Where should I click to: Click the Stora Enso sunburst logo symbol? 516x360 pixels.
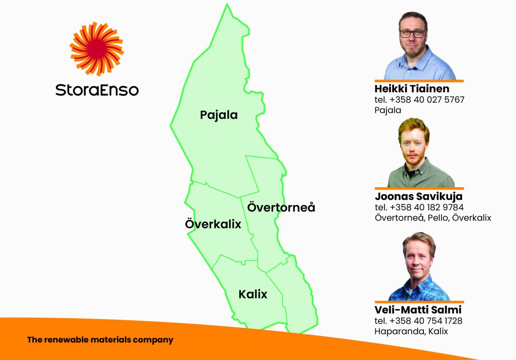[96, 49]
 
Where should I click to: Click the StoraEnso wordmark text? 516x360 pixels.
[97, 90]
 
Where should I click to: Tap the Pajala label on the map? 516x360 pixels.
[219, 115]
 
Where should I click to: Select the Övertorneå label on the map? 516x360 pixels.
[281, 207]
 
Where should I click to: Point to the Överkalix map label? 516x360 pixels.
[213, 224]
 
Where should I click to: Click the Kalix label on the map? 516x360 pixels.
[253, 294]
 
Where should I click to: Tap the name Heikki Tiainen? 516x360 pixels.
[412, 89]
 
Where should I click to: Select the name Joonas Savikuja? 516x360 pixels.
[419, 196]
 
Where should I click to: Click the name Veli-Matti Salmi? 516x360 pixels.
[418, 310]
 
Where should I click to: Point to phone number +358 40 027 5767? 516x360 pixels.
[427, 100]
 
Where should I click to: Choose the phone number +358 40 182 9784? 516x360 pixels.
[426, 207]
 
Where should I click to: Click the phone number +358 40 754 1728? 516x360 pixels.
[426, 321]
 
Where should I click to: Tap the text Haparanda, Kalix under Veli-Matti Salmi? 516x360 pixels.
[411, 331]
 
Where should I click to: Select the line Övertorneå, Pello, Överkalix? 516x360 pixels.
[433, 218]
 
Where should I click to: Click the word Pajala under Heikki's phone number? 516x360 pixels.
[388, 110]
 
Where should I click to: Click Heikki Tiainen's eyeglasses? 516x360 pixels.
[413, 33]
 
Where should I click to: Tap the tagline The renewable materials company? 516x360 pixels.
[100, 340]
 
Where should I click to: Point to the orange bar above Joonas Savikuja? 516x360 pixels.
[419, 188]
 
